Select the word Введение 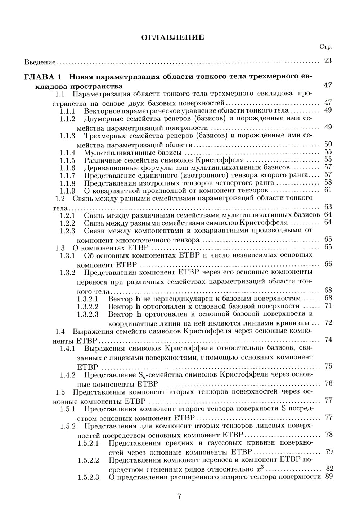(40, 62)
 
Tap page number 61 (328, 190)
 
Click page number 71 (328, 306)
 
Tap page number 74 (328, 340)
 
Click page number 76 (328, 383)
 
